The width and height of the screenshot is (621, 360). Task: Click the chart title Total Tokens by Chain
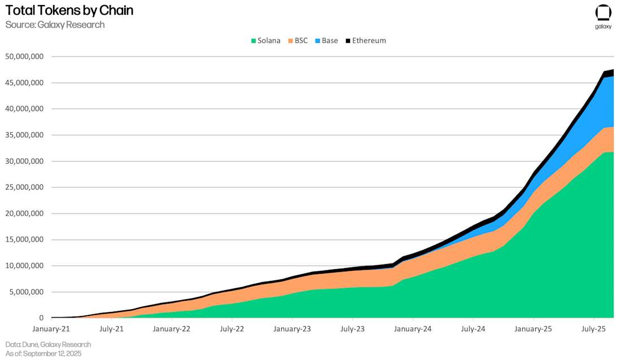click(x=69, y=11)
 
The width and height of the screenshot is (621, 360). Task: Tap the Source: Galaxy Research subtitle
click(x=55, y=25)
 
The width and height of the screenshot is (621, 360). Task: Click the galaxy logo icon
click(x=603, y=13)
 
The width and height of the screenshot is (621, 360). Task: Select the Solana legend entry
click(x=265, y=41)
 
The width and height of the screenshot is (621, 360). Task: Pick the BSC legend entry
click(x=298, y=41)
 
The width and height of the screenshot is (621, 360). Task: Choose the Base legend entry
click(x=326, y=41)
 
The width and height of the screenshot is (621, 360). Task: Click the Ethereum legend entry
click(x=365, y=41)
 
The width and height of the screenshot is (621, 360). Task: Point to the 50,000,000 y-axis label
click(x=24, y=56)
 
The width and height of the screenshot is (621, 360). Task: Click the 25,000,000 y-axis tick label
click(x=24, y=187)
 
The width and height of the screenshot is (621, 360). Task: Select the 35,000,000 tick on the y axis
click(x=24, y=135)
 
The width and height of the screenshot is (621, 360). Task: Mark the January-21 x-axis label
click(x=51, y=328)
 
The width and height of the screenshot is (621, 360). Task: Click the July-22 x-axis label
click(x=231, y=328)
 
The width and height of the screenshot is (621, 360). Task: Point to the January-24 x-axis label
click(x=413, y=328)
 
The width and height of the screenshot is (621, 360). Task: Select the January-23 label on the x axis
click(x=292, y=328)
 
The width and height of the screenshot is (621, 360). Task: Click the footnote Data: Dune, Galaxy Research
click(x=48, y=344)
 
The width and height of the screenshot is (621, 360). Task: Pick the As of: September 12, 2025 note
click(x=43, y=353)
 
